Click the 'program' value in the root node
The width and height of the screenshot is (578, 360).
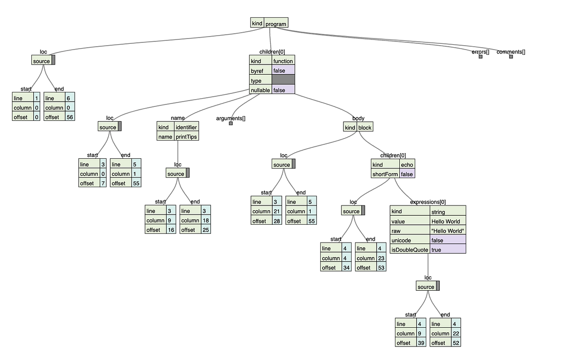[x=276, y=24]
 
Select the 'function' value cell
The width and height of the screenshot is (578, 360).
[x=283, y=61]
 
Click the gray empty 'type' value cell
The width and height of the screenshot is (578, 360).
[x=283, y=80]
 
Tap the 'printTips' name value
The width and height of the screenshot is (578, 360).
[x=186, y=137]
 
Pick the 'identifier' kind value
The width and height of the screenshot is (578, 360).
[x=186, y=127]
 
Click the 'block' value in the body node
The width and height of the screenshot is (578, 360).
[x=365, y=128]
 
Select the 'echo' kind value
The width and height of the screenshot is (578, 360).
[x=407, y=165]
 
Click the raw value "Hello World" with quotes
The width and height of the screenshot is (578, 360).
[x=447, y=231]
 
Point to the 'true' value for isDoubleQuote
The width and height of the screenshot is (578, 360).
[x=447, y=250]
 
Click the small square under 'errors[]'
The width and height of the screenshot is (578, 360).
[x=480, y=57]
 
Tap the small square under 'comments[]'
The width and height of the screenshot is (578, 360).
[x=511, y=57]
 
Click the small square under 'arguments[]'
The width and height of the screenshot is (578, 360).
[x=231, y=124]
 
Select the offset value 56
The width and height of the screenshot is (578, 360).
[x=70, y=117]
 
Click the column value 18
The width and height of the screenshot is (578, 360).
[x=206, y=220]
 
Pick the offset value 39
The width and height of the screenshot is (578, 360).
[x=420, y=343]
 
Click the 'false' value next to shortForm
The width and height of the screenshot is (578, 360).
[x=407, y=174]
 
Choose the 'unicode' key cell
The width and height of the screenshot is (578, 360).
[x=409, y=240]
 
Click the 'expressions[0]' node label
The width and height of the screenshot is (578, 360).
[x=428, y=202]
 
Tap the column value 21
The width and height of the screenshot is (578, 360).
[x=277, y=211]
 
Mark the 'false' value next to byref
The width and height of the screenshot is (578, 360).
[x=283, y=71]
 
